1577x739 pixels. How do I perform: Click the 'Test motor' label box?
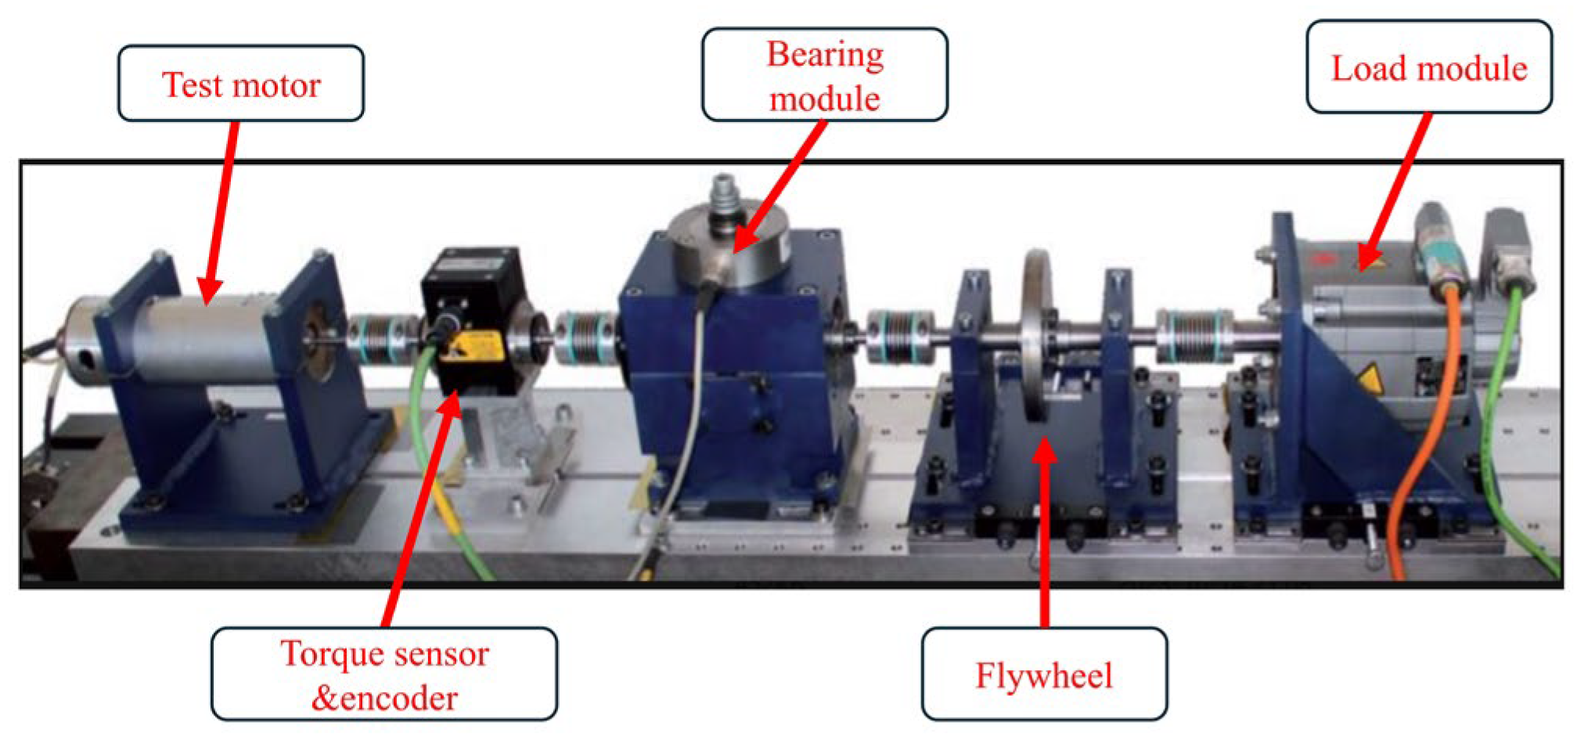tap(240, 83)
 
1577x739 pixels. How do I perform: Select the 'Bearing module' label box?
tap(824, 75)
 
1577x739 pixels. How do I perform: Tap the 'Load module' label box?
tap(1428, 67)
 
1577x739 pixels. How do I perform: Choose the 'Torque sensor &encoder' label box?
tap(384, 674)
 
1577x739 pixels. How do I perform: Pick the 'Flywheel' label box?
tap(1043, 674)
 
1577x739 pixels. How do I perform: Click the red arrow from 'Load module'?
tap(1397, 192)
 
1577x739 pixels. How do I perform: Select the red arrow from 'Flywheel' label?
tap(1044, 532)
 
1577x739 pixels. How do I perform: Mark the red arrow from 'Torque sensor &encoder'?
tap(419, 509)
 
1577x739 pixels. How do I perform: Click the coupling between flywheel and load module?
tap(1194, 337)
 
